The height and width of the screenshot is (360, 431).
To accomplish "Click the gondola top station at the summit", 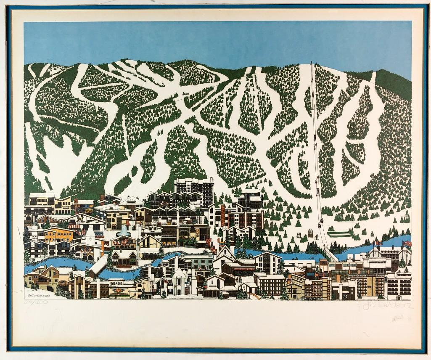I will point(311,64).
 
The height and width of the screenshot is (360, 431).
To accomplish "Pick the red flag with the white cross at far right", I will point(407,244).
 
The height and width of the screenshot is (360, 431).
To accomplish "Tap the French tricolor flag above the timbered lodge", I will point(376,243).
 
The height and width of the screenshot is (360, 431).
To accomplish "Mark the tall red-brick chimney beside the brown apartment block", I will point(223,214).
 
